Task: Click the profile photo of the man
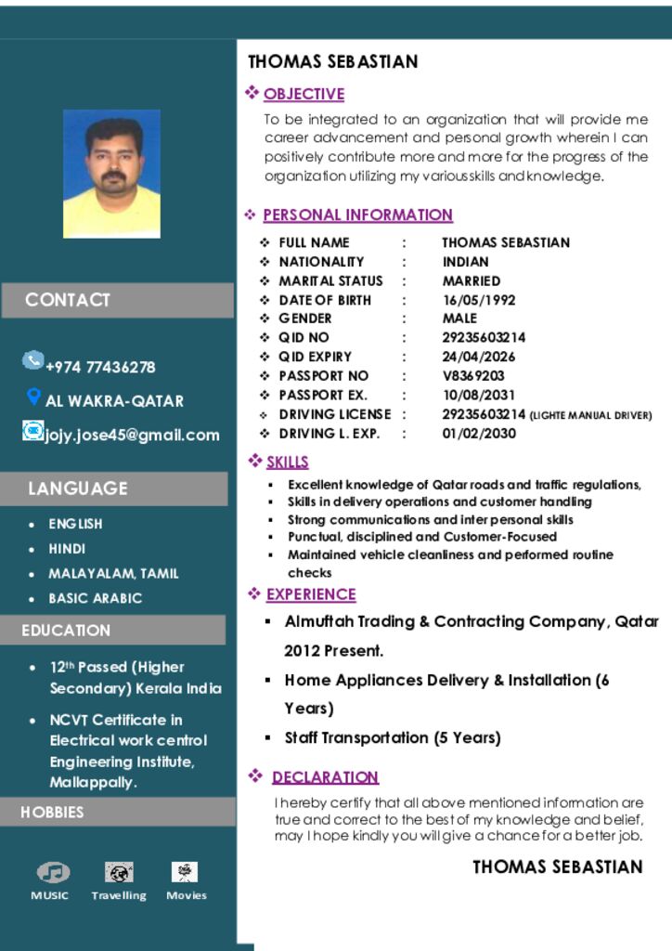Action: pyautogui.click(x=111, y=174)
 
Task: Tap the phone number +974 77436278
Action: pyautogui.click(x=100, y=367)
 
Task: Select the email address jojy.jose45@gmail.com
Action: pyautogui.click(x=133, y=435)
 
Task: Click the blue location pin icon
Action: pyautogui.click(x=33, y=397)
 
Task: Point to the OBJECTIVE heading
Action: pyautogui.click(x=304, y=94)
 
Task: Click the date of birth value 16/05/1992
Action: pyautogui.click(x=478, y=300)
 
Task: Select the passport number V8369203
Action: pyautogui.click(x=473, y=375)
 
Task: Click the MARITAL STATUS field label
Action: pyautogui.click(x=330, y=280)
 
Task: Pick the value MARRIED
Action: pyautogui.click(x=471, y=280)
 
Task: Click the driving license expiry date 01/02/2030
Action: pyautogui.click(x=478, y=433)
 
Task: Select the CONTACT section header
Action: pyautogui.click(x=68, y=300)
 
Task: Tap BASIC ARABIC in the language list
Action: pyautogui.click(x=96, y=598)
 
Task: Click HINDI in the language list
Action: pyautogui.click(x=67, y=549)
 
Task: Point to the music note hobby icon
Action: pyautogui.click(x=53, y=872)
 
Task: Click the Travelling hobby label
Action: pyautogui.click(x=119, y=895)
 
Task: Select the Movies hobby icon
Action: pyautogui.click(x=185, y=872)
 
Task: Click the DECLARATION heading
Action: pyautogui.click(x=325, y=777)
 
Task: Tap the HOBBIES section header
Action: pyautogui.click(x=52, y=812)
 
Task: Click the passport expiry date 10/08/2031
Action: pyautogui.click(x=478, y=395)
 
